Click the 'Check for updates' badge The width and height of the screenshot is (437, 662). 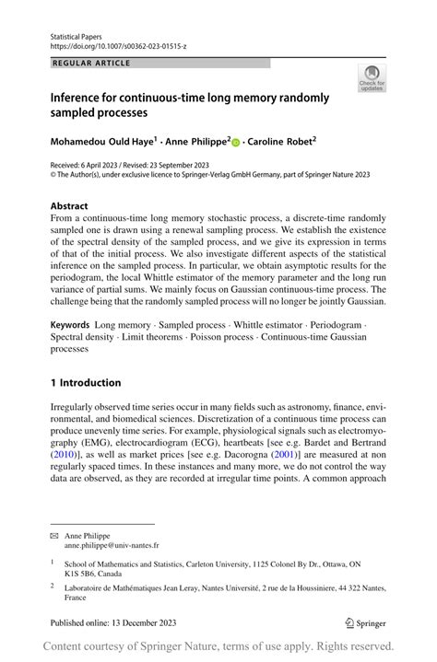[x=372, y=79]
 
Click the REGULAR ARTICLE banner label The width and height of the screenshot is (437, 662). [x=92, y=64]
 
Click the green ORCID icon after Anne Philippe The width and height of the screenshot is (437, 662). [x=236, y=144]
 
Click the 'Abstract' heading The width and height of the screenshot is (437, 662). [x=69, y=206]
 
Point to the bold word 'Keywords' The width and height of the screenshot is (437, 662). [x=70, y=325]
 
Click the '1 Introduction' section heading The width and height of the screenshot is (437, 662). [x=86, y=383]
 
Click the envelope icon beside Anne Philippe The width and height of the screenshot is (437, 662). [x=55, y=535]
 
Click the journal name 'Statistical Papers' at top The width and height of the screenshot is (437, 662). [x=77, y=34]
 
